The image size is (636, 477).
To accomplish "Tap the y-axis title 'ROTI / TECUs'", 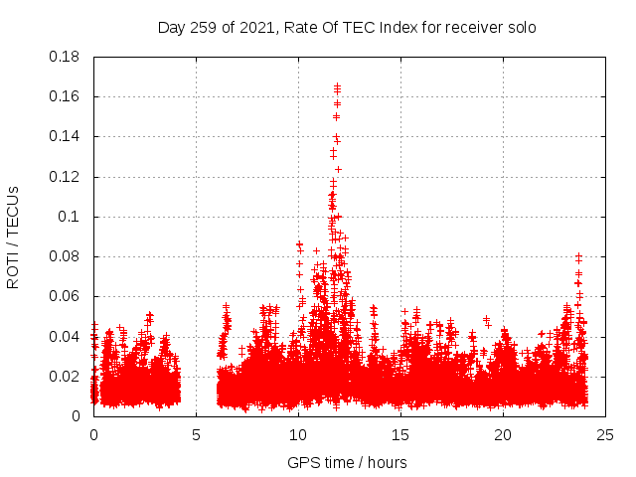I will (x=14, y=237).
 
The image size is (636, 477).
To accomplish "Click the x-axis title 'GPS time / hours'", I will (x=347, y=462).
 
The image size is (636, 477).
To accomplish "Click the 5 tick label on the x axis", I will (x=196, y=434).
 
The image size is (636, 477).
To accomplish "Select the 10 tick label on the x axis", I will (x=298, y=434).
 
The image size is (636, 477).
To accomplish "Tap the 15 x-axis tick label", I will (x=400, y=434).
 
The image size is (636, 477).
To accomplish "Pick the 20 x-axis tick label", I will (x=503, y=434).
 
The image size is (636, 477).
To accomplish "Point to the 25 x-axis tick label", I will (x=604, y=434).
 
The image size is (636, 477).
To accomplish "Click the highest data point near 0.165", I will (x=338, y=86).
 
